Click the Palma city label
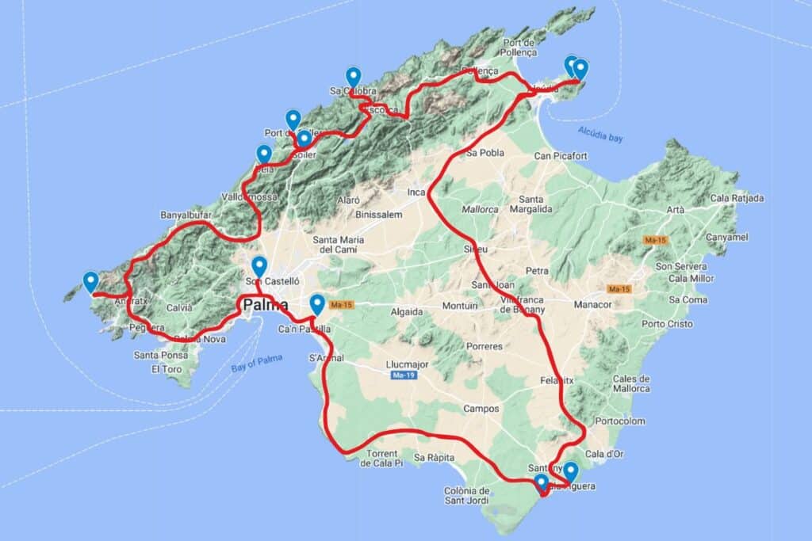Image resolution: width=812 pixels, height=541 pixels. [266, 306]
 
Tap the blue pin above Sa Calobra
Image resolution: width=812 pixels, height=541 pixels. [354, 77]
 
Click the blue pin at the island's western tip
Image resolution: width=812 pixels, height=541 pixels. [90, 280]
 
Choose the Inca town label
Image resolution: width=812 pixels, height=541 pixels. [416, 192]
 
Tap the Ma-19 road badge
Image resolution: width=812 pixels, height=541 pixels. [404, 375]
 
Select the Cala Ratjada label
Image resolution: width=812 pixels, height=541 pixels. [737, 198]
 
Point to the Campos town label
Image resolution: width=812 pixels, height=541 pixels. [481, 409]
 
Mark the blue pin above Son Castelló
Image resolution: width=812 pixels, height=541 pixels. [259, 267]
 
